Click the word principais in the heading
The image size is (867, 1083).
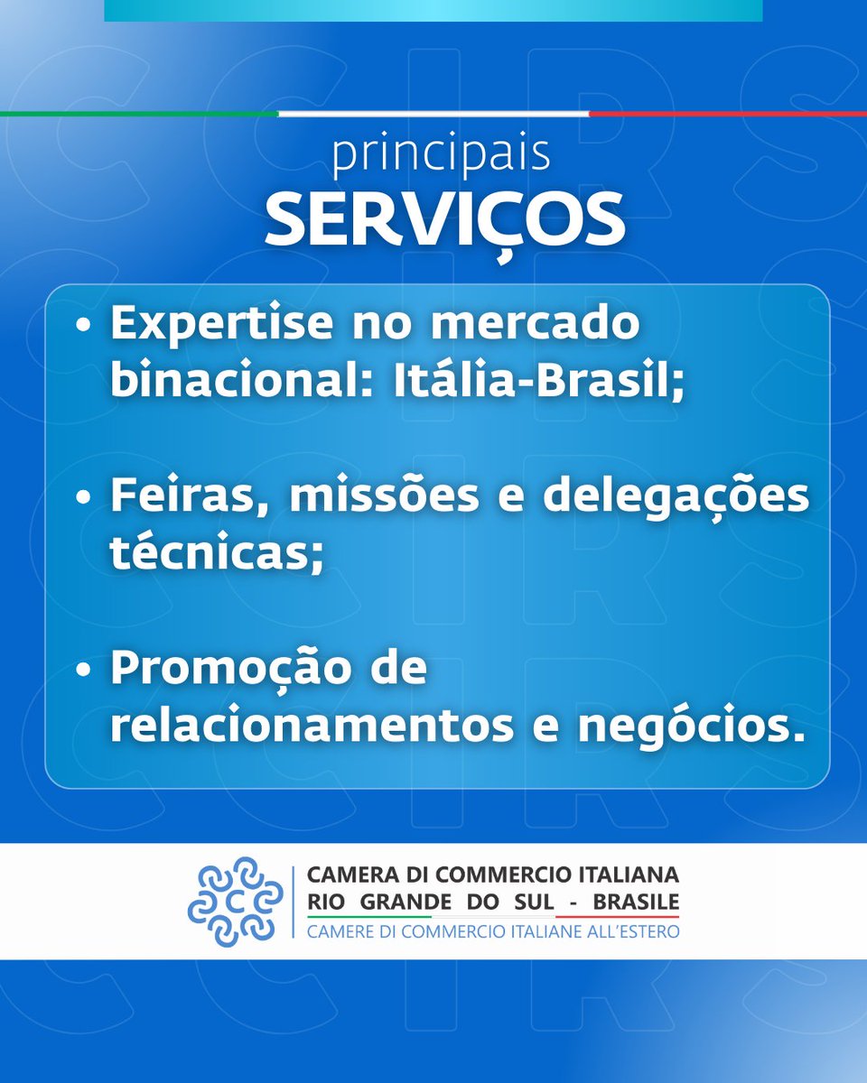pyautogui.click(x=441, y=156)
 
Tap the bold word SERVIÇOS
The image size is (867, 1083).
pyautogui.click(x=444, y=218)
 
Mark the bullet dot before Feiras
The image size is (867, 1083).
pyautogui.click(x=84, y=499)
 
